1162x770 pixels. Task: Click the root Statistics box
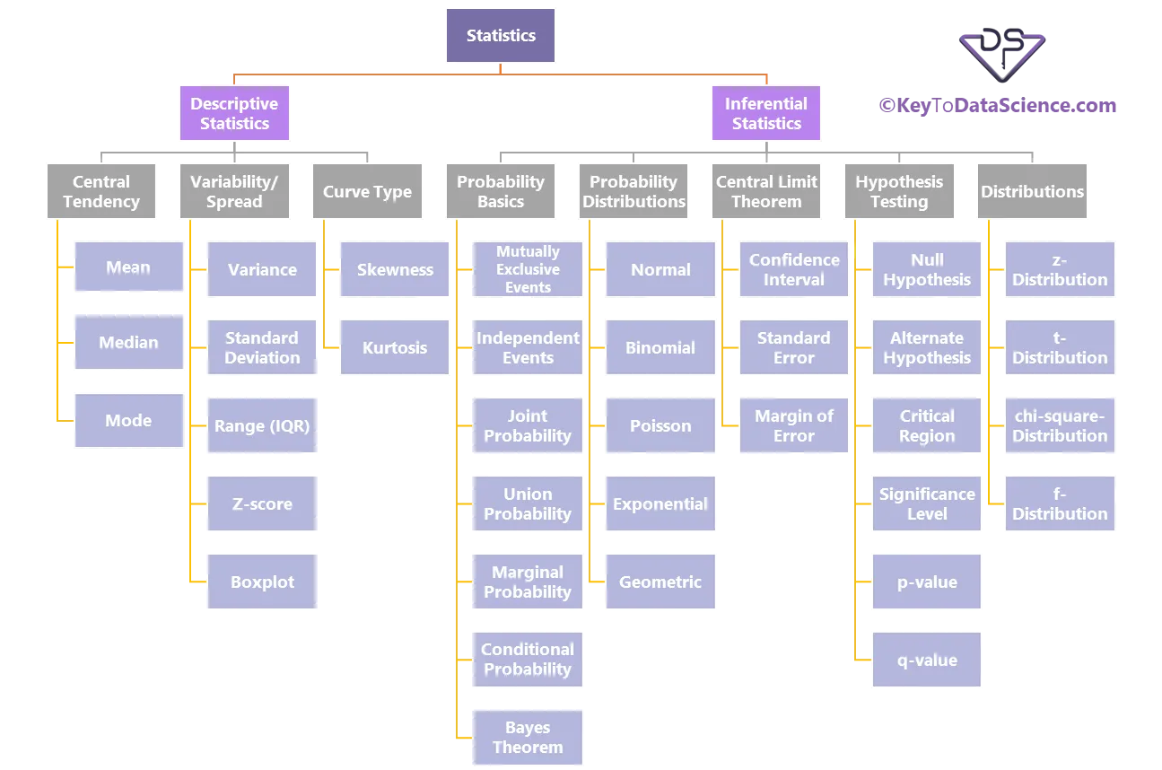(501, 36)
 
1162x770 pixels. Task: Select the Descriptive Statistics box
(234, 114)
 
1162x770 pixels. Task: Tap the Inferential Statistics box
(766, 114)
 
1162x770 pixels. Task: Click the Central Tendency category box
(100, 191)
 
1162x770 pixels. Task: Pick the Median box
(128, 343)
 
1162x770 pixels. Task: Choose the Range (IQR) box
(261, 426)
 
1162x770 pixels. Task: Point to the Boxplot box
(261, 582)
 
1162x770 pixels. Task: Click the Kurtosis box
(395, 348)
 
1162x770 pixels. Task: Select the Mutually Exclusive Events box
(527, 269)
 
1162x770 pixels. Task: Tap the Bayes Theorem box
(527, 737)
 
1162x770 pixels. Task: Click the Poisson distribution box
(660, 426)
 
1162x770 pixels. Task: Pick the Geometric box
(660, 582)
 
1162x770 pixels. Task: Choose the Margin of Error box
(793, 426)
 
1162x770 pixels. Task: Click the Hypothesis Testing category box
(898, 191)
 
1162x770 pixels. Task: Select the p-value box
(926, 582)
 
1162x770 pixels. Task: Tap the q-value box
(926, 660)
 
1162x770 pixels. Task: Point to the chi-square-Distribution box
(1060, 426)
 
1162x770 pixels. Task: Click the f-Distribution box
(1060, 504)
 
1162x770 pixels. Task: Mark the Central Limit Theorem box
(766, 191)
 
